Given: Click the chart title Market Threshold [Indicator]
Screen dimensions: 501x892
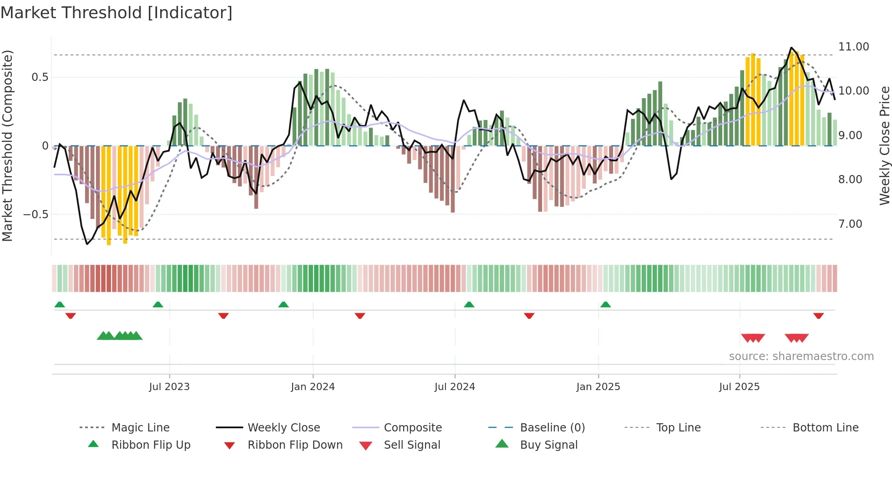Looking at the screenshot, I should [117, 13].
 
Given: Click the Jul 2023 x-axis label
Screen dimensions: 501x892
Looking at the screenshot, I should [169, 387].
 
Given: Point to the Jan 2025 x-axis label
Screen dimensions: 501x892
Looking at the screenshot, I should [598, 387].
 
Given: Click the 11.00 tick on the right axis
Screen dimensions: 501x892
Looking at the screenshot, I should [853, 47].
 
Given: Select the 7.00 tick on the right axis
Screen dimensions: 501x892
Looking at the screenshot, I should [850, 224].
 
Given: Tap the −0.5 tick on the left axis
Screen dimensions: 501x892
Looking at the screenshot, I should [35, 214].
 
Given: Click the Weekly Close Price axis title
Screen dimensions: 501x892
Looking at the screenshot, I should [884, 145].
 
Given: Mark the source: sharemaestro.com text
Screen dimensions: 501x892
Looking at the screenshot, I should [801, 356].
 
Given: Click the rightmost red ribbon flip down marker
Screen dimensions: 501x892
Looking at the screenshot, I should [818, 316].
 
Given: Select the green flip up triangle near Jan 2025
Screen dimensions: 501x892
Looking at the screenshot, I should [605, 305].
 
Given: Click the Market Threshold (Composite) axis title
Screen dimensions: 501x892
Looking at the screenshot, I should [7, 145].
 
